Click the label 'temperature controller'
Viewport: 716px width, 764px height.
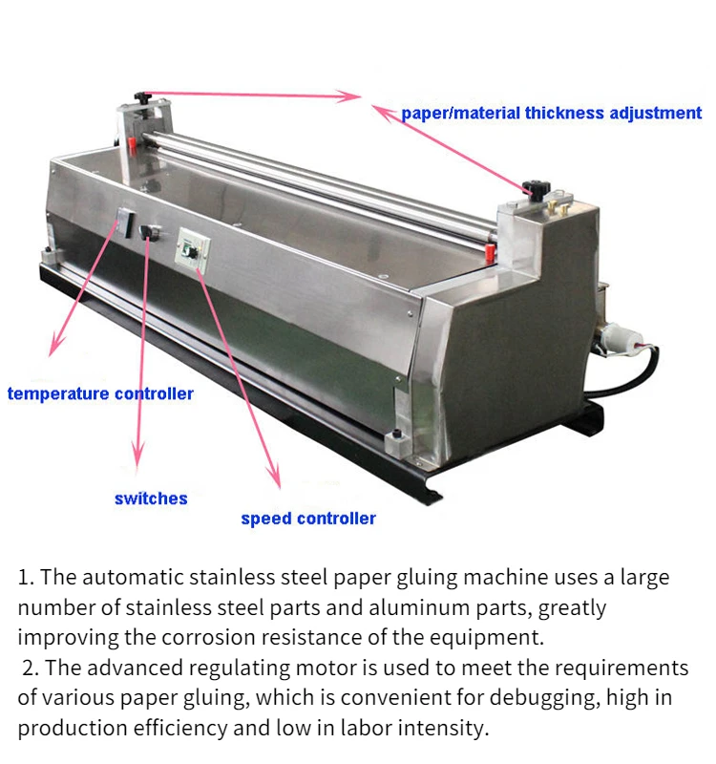[100, 393]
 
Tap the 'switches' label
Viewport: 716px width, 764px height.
[151, 499]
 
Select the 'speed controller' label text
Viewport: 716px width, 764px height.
[308, 519]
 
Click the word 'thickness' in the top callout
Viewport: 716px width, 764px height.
[568, 113]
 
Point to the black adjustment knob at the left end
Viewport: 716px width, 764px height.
[143, 98]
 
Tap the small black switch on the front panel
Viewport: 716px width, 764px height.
[149, 232]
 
